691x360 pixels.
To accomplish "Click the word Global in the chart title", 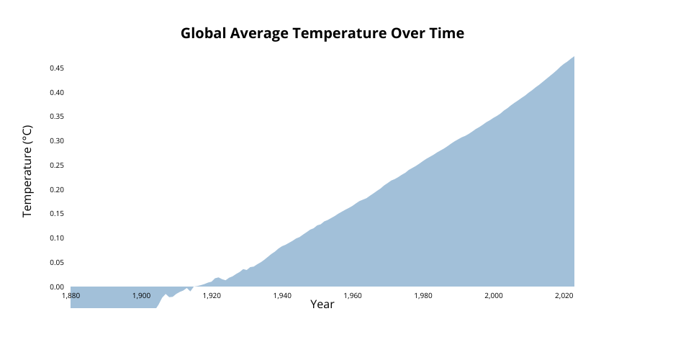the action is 203,34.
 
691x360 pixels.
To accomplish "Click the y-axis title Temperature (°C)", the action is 27,171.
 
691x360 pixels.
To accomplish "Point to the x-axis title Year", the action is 322,304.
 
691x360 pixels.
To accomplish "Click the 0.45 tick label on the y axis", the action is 57,68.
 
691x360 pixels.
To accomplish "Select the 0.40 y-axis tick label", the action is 57,93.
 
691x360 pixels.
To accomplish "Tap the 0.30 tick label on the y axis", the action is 57,141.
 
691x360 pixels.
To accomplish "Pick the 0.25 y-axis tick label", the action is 57,165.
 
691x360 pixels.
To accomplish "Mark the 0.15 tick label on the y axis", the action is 57,214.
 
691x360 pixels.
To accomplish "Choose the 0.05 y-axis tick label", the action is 57,263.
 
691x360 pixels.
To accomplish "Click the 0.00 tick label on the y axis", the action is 57,287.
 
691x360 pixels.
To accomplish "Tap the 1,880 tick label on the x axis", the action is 71,296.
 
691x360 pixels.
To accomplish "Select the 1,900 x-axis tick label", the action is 141,296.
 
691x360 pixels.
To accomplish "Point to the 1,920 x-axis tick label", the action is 212,296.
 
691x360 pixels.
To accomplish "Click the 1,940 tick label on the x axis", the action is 282,296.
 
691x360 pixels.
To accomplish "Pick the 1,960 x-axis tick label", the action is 353,296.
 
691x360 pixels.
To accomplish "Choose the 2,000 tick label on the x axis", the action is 494,296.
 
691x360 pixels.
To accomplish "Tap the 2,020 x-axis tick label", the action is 564,296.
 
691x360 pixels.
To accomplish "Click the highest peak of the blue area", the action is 574,56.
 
